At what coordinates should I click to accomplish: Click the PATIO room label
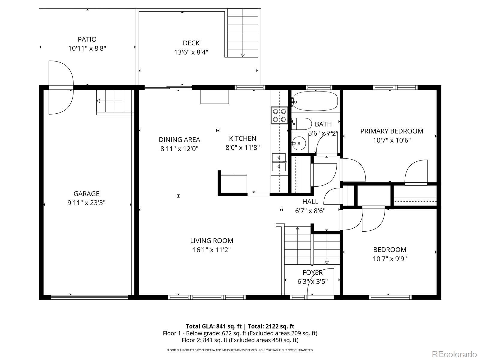[87, 39]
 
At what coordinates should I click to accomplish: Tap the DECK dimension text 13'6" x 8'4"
[191, 52]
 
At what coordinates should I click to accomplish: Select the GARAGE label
[86, 194]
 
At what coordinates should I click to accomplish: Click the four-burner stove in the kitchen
[280, 115]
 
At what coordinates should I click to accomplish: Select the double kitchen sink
[279, 162]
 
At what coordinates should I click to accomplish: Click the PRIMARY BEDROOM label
[392, 131]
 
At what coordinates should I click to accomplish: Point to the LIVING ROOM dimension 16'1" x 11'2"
[212, 250]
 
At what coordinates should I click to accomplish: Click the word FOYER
[313, 273]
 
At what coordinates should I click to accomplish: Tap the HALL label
[310, 202]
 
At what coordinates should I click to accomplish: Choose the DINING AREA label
[179, 140]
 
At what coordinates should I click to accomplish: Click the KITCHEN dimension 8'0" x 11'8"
[242, 148]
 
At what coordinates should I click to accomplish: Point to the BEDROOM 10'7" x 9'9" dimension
[390, 259]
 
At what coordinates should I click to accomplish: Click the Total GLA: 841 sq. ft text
[214, 326]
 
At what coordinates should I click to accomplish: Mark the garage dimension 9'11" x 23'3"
[86, 203]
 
